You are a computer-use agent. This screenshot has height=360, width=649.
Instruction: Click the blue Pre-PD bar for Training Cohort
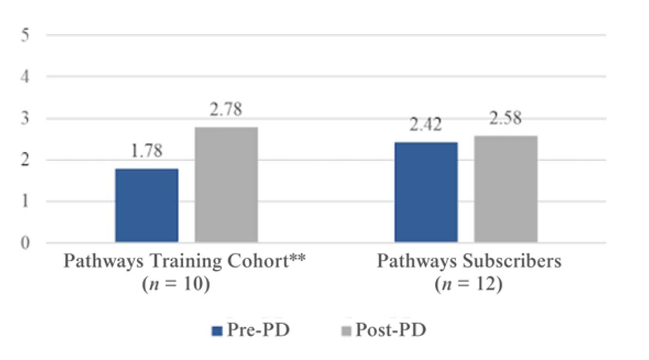point(147,205)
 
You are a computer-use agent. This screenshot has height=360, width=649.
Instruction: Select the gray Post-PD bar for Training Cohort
point(226,184)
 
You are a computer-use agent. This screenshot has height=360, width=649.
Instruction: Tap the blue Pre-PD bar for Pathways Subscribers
point(426,192)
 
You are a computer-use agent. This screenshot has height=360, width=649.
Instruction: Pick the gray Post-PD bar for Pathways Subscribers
point(506,189)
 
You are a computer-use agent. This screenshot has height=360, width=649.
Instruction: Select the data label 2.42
point(426,125)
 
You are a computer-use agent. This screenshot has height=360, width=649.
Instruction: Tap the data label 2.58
point(506,119)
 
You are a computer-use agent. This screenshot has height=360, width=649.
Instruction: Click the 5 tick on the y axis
point(26,35)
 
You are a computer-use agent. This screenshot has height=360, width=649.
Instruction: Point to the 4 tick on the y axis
point(26,76)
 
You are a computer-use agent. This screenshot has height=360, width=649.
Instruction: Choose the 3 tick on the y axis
point(26,119)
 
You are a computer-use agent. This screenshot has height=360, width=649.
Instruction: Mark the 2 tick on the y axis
point(26,160)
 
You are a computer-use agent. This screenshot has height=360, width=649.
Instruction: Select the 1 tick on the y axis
point(26,202)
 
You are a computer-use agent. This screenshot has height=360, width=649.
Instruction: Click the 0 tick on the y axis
point(26,243)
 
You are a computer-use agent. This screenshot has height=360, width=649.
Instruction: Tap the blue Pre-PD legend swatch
point(217,331)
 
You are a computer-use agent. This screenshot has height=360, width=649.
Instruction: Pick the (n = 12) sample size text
point(468,286)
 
